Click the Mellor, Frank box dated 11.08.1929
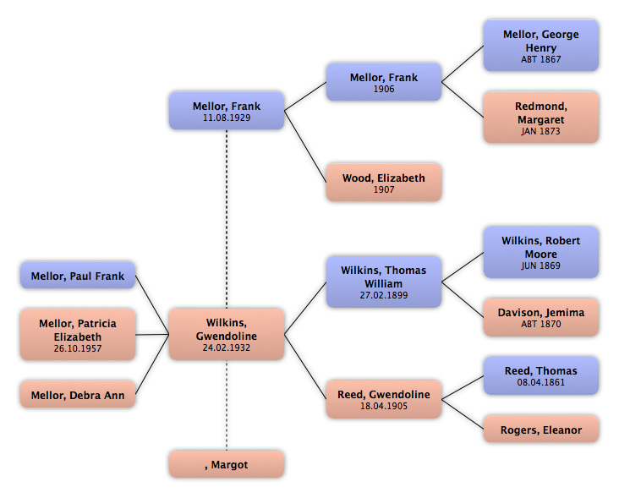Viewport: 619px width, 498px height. coord(227,112)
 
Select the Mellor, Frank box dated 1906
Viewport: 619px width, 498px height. coord(384,83)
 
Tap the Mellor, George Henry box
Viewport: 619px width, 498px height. coord(541,47)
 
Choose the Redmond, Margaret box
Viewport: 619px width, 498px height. coord(541,119)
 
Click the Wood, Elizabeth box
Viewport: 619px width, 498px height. coord(384,183)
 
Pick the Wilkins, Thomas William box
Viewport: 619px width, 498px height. coord(384,282)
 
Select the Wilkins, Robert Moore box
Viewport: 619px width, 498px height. coord(541,253)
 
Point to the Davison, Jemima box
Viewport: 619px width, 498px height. coord(541,318)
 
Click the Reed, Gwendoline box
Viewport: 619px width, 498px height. coord(384,400)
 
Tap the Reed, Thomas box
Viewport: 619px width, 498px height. coord(541,375)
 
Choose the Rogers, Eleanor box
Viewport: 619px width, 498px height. coord(541,430)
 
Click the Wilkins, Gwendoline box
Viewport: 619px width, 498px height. coord(227,334)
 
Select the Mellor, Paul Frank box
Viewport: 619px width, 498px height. coord(78,276)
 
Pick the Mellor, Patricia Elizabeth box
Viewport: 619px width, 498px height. coord(78,334)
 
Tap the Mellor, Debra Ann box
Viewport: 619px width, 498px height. coord(78,393)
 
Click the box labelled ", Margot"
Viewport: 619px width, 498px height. coord(227,464)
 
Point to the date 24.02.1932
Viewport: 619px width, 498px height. coord(227,348)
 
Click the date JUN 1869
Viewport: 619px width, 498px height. coord(541,265)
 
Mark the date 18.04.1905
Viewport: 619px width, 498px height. coord(384,407)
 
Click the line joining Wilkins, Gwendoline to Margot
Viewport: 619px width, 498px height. coord(227,406)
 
